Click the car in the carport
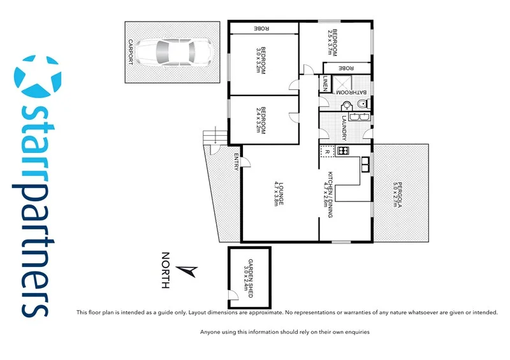click(x=173, y=52)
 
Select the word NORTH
click(x=166, y=271)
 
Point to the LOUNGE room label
click(x=279, y=193)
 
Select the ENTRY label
click(x=236, y=161)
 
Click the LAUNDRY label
click(x=344, y=127)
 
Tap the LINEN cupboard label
click(x=324, y=83)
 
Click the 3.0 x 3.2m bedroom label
click(x=261, y=61)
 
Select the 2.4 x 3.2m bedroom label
click(x=261, y=119)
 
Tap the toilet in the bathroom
click(x=347, y=106)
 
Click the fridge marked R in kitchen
click(x=327, y=152)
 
